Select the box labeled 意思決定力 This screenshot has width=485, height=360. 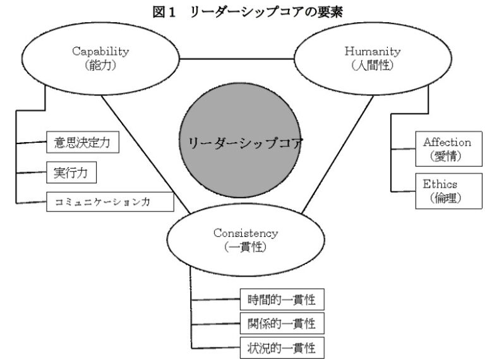click(x=82, y=143)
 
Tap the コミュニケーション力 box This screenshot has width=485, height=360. click(x=110, y=201)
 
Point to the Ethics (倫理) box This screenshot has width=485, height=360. click(x=440, y=190)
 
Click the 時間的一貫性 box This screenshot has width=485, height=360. click(x=282, y=297)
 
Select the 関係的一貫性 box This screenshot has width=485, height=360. click(x=282, y=323)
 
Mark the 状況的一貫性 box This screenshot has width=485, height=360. click(x=282, y=347)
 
